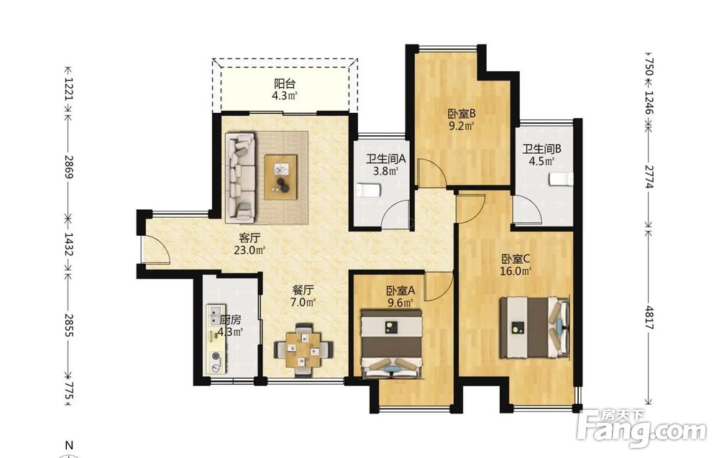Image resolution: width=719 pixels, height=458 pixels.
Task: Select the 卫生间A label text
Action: (x=385, y=159)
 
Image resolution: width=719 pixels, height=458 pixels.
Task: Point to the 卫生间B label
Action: (x=542, y=149)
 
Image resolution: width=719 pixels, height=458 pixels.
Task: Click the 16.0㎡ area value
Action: (x=516, y=271)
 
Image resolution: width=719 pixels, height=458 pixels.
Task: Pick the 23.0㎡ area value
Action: (x=249, y=250)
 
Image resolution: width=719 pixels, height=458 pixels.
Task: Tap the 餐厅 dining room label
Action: (x=303, y=290)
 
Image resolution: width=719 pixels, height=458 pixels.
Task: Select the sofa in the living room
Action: (x=240, y=175)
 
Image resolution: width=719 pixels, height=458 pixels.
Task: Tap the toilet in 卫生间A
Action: (x=369, y=190)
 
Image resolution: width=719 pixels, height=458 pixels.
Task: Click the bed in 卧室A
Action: (x=391, y=344)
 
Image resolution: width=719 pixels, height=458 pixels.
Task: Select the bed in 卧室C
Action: (x=534, y=327)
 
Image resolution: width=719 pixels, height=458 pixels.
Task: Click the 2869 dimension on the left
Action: (x=69, y=167)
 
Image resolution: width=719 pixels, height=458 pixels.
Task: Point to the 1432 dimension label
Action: (x=69, y=244)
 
